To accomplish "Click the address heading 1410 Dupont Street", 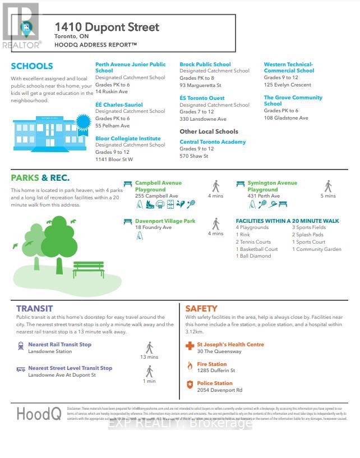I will [107, 26].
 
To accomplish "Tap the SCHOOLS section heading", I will [32, 66].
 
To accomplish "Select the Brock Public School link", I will [205, 65].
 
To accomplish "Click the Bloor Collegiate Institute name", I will [128, 138].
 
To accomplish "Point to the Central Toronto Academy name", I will [213, 142].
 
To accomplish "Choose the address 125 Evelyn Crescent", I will [287, 85].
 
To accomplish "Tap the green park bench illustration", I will [88, 269].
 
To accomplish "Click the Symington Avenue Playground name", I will [272, 186].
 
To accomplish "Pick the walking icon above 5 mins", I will [328, 186].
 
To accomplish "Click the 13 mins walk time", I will [149, 357].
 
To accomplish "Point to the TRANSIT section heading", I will [34, 308].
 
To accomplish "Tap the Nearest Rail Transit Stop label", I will [59, 345].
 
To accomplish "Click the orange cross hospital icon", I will [190, 346].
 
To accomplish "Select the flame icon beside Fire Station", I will [190, 366].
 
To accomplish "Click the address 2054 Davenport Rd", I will [219, 390].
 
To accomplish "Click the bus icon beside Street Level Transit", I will [21, 369].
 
